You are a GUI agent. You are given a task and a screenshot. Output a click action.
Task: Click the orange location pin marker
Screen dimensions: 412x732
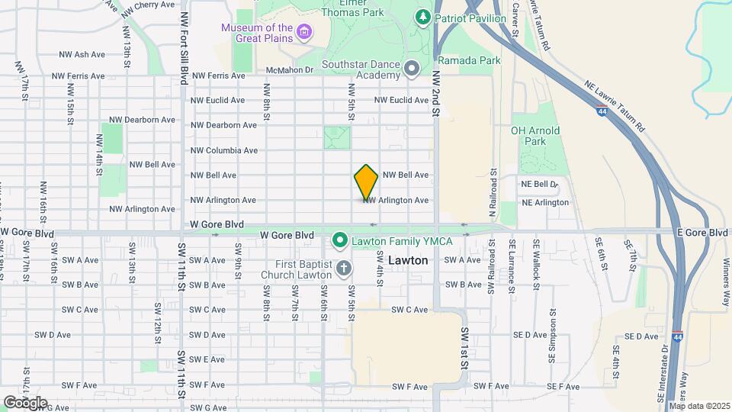pyautogui.click(x=367, y=182)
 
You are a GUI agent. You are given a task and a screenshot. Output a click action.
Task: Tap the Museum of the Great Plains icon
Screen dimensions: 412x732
pyautogui.click(x=305, y=33)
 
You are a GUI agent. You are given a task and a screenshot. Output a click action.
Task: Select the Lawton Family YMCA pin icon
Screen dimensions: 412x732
pyautogui.click(x=340, y=241)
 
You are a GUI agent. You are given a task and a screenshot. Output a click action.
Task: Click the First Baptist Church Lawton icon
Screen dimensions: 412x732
pyautogui.click(x=344, y=268)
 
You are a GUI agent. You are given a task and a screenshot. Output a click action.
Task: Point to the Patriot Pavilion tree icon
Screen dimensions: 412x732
pyautogui.click(x=422, y=17)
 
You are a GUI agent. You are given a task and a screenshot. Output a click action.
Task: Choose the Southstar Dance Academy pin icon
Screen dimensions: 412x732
pyautogui.click(x=412, y=69)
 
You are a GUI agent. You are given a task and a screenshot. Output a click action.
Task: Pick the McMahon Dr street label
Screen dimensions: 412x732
pyautogui.click(x=289, y=70)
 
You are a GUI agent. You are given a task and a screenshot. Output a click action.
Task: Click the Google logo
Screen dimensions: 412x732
pyautogui.click(x=25, y=402)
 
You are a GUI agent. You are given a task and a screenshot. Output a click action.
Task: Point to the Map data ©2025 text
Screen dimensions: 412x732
pyautogui.click(x=698, y=406)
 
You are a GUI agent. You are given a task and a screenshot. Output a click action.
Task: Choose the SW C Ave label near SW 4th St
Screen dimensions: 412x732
pyautogui.click(x=410, y=310)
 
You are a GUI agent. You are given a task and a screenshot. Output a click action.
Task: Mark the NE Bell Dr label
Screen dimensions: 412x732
pyautogui.click(x=540, y=185)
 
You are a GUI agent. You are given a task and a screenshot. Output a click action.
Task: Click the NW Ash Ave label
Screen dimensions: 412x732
pyautogui.click(x=82, y=55)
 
